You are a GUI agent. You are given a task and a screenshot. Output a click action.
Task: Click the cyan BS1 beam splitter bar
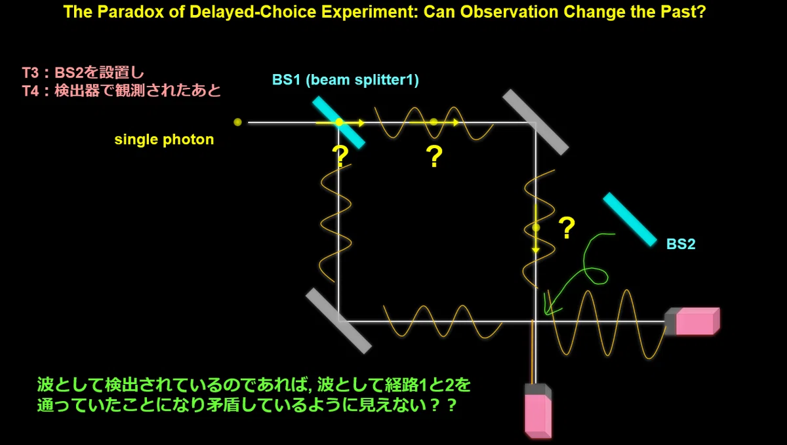338,122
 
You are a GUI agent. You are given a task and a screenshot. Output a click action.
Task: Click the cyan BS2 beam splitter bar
630,219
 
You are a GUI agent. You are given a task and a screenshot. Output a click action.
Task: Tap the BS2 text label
681,244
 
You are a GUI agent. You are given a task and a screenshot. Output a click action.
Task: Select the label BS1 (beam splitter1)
346,80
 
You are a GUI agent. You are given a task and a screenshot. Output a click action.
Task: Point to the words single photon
164,140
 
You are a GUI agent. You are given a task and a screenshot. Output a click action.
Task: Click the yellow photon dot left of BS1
237,122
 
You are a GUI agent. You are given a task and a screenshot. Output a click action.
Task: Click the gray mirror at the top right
535,122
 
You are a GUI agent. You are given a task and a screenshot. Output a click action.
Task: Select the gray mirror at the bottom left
338,321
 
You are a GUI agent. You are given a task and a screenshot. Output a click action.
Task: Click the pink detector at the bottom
538,411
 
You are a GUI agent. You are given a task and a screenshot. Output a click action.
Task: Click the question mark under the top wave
434,156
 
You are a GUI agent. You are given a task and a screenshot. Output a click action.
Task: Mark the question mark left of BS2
567,227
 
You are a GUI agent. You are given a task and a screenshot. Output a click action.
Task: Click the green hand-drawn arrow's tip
546,314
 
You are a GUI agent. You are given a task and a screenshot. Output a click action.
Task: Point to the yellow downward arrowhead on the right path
536,250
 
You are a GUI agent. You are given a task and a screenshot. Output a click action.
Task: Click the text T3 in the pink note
30,73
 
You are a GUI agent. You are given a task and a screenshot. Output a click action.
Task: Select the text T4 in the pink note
30,91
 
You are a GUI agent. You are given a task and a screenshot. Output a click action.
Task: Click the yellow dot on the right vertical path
536,227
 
